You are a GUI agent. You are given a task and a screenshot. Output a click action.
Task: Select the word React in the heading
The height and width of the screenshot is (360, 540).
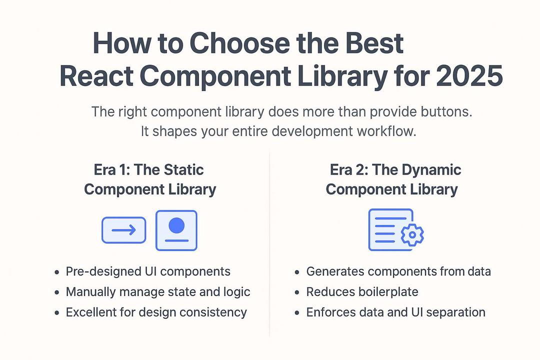[95, 76]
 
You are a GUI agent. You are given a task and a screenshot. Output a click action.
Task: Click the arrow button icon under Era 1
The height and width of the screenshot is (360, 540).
[124, 230]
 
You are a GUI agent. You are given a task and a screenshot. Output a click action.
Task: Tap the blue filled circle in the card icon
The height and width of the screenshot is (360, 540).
[176, 225]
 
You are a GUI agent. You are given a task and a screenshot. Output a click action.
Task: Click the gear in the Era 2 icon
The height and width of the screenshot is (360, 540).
[412, 234]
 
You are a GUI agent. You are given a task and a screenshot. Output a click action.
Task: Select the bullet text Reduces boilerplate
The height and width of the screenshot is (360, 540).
[362, 292]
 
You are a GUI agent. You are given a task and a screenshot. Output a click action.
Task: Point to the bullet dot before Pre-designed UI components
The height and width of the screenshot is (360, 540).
[56, 272]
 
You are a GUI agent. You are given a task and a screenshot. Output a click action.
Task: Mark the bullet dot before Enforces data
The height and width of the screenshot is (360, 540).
[296, 313]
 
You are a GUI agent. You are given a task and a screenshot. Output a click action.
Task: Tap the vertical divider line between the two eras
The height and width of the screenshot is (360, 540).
[269, 240]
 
